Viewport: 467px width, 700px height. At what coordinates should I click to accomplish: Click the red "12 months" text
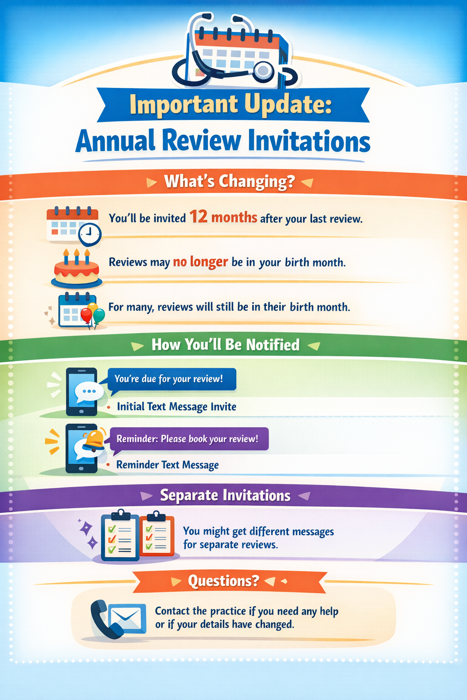[x=223, y=217]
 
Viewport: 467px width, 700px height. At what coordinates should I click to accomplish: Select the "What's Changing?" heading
[x=229, y=181]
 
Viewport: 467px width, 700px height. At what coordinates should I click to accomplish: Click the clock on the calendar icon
[x=90, y=234]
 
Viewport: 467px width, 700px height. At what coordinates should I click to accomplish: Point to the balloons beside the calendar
[x=93, y=314]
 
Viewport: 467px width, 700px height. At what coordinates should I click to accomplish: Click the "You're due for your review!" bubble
[x=172, y=379]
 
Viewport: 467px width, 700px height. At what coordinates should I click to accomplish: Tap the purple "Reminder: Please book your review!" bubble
[x=187, y=439]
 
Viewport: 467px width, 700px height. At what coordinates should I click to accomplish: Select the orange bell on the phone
[x=95, y=439]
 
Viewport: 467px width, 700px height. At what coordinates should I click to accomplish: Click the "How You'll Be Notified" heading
[x=225, y=345]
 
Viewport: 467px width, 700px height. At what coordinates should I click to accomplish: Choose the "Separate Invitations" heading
[x=225, y=495]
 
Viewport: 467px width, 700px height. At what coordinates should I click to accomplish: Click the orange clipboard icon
[x=157, y=536]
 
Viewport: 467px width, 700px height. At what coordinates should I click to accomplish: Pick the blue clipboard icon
[x=119, y=536]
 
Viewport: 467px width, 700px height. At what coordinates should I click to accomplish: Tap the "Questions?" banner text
[x=223, y=581]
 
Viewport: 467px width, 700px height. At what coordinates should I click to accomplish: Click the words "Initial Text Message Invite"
[x=176, y=407]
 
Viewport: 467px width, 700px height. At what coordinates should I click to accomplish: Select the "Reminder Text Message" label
[x=167, y=465]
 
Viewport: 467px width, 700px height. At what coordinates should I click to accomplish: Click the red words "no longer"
[x=200, y=262]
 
